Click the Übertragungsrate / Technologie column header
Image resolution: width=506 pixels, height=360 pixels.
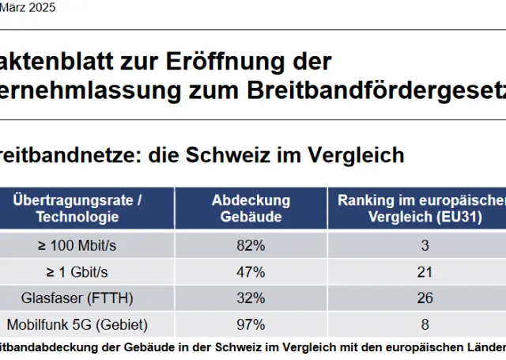coord(77,208)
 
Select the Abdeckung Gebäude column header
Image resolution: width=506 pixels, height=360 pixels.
coord(251,208)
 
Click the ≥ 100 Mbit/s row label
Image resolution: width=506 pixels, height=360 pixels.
coord(77,245)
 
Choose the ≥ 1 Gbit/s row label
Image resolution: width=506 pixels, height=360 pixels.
coord(77,272)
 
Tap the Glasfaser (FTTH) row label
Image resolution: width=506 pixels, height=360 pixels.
coord(77,297)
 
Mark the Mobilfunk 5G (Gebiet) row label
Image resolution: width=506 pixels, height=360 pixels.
coord(77,324)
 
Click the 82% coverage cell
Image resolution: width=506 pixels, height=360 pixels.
coord(251,245)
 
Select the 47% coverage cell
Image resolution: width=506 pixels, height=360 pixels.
coord(251,272)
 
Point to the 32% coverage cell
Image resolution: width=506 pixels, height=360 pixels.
coord(251,297)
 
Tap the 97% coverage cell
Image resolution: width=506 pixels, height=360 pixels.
coord(251,324)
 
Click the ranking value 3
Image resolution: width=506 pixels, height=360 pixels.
coord(425,245)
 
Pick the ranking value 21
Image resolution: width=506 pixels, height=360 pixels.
coord(425,272)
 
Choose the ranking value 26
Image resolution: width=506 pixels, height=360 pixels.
coord(425,297)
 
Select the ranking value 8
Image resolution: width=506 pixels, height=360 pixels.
coord(425,324)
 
